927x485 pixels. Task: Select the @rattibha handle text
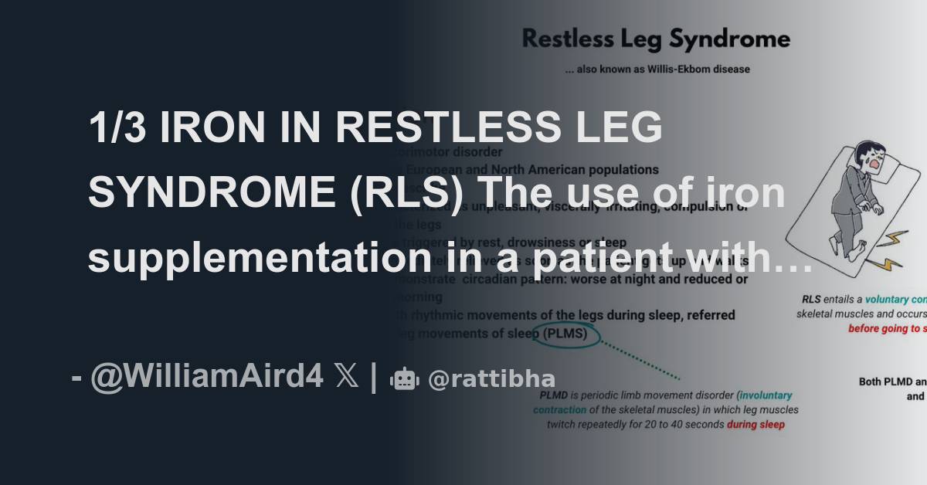coord(491,379)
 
